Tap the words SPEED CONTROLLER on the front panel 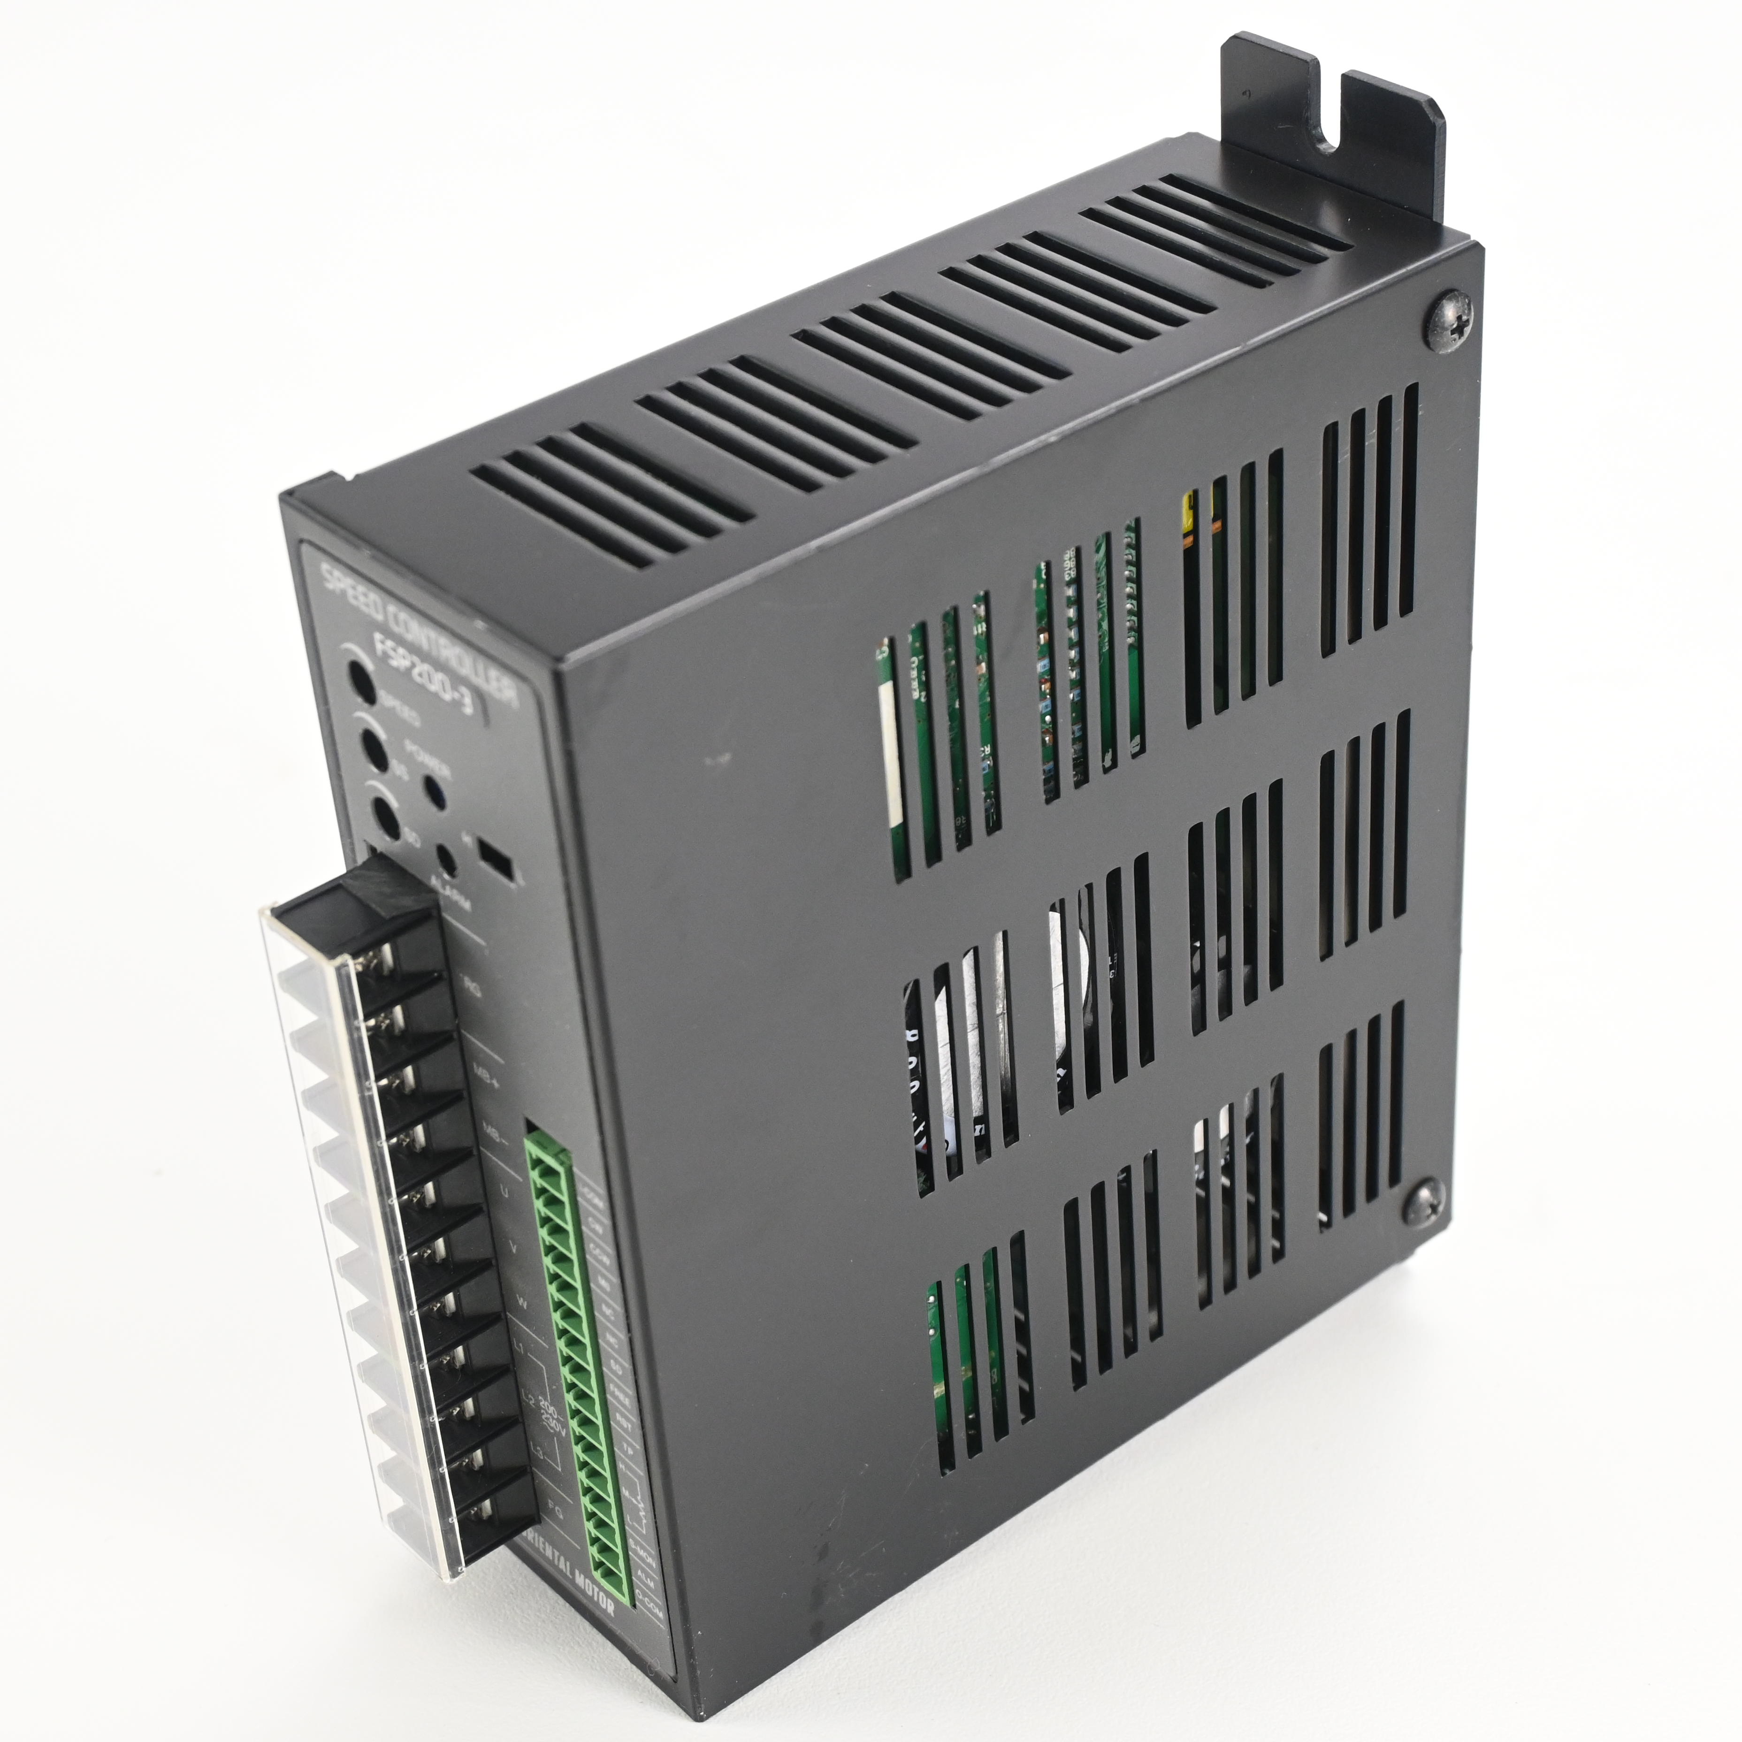[417, 631]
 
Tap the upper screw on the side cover [1450, 319]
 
